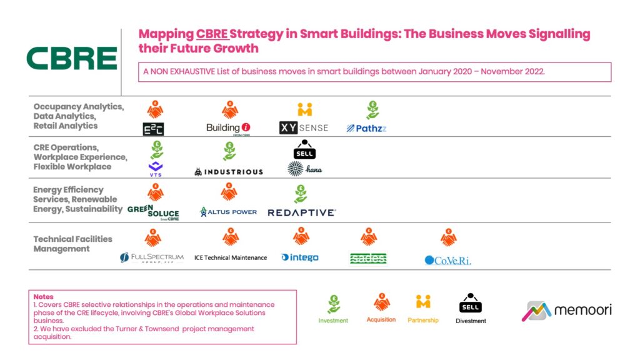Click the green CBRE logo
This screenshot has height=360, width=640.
pos(71,58)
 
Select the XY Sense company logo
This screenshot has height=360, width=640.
pos(303,128)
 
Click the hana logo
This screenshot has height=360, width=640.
pos(304,169)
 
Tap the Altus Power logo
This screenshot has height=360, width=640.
pos(228,212)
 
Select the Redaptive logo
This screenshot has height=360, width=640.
pos(301,212)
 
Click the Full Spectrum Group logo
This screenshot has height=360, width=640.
pos(152,257)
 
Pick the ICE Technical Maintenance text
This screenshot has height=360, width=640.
pos(230,257)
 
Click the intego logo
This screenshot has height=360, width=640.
pos(300,257)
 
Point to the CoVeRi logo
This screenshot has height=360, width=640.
pos(447,260)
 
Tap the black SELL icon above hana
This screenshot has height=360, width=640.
pos(304,149)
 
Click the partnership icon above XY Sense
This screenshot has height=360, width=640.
pos(304,109)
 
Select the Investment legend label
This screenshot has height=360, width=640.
pos(334,320)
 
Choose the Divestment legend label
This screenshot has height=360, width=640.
pos(471,321)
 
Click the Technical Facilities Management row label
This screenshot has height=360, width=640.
pos(72,244)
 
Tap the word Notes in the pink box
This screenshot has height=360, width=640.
pos(44,297)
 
